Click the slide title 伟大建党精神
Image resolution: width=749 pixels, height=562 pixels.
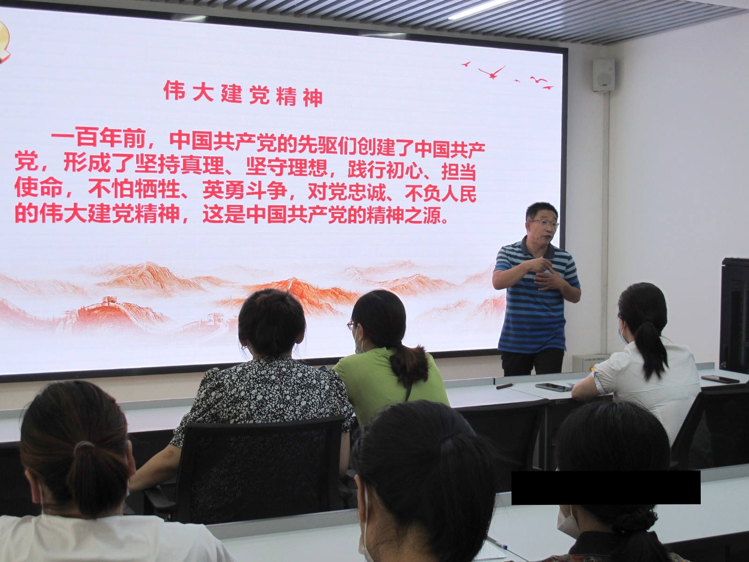pos(243,93)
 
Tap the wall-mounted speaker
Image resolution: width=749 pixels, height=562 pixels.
pos(603,74)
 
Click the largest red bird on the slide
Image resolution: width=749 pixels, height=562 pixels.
pos(492,73)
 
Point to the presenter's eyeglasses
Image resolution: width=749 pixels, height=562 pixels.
pos(544,224)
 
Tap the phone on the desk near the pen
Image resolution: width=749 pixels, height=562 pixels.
pos(553,387)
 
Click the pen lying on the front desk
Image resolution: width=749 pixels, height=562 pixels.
pos(505,386)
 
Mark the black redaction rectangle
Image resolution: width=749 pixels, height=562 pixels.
pos(606,487)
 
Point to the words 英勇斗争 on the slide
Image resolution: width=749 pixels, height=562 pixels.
pos(244,189)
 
